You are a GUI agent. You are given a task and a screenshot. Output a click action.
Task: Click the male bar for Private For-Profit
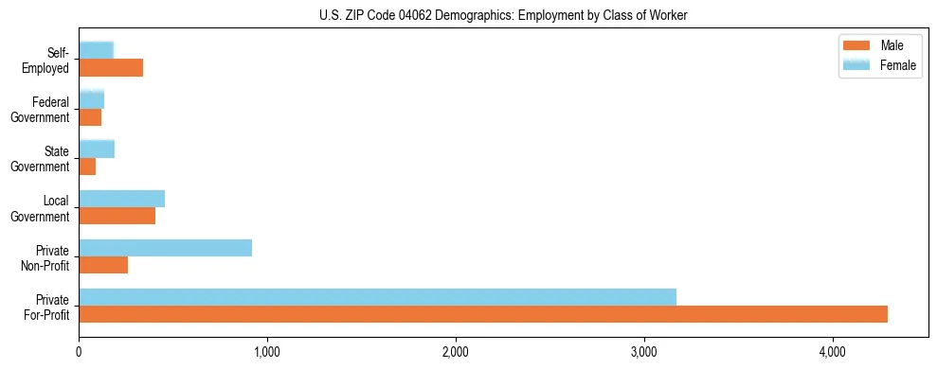[x=483, y=314]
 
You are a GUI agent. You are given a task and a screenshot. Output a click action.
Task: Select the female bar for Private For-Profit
[x=377, y=297]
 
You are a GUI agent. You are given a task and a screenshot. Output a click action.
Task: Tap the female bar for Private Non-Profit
[x=165, y=248]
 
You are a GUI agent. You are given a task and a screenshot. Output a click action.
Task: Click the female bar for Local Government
[x=121, y=199]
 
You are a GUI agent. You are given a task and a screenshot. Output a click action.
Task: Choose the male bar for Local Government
[x=117, y=216]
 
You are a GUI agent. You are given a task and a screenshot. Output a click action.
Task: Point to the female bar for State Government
[x=97, y=149]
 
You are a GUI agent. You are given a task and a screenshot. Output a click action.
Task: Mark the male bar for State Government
[x=87, y=167]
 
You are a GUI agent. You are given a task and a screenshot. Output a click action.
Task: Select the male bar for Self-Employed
[x=111, y=68]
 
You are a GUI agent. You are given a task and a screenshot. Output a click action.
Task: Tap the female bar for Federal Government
[x=91, y=100]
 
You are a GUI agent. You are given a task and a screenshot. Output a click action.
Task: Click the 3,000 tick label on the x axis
[x=644, y=352]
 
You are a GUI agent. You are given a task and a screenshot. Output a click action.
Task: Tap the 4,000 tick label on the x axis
[x=833, y=352]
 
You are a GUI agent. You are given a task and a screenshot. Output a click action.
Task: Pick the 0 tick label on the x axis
[x=79, y=352]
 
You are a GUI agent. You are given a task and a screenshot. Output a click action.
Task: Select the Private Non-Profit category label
[x=46, y=257]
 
